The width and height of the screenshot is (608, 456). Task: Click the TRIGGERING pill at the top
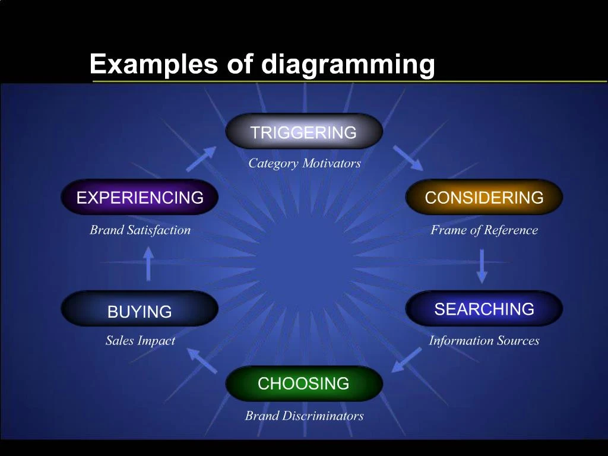pyautogui.click(x=304, y=131)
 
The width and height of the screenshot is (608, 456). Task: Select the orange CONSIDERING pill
pyautogui.click(x=484, y=197)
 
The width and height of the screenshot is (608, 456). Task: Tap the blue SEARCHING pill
pyautogui.click(x=484, y=309)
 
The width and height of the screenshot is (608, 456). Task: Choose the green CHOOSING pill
pyautogui.click(x=304, y=383)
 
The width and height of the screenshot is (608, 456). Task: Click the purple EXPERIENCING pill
pyautogui.click(x=140, y=197)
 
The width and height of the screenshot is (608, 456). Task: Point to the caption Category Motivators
pyautogui.click(x=305, y=163)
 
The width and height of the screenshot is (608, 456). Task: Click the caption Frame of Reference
pyautogui.click(x=484, y=230)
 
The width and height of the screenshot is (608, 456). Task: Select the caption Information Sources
pyautogui.click(x=484, y=340)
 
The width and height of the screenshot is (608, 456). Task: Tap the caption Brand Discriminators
pyautogui.click(x=305, y=416)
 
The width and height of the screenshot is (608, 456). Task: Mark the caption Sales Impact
pyautogui.click(x=140, y=340)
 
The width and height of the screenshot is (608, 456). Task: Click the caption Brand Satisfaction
pyautogui.click(x=140, y=230)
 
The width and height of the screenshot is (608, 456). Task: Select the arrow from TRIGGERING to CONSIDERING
pyautogui.click(x=408, y=158)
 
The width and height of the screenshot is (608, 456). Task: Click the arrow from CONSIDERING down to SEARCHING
pyautogui.click(x=482, y=267)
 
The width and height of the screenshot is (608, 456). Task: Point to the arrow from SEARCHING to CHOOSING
pyautogui.click(x=406, y=360)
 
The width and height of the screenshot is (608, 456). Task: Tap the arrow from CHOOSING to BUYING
pyautogui.click(x=202, y=360)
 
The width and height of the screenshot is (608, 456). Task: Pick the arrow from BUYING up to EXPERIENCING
pyautogui.click(x=148, y=264)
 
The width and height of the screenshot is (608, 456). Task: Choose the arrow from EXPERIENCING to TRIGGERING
pyautogui.click(x=201, y=159)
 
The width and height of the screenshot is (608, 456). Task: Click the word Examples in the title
pyautogui.click(x=154, y=64)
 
